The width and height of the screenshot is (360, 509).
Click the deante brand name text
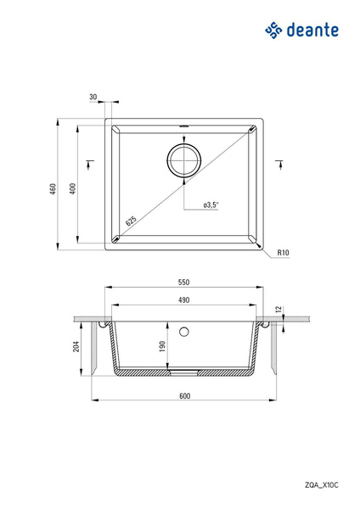[312, 30]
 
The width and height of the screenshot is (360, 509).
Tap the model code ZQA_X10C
[321, 485]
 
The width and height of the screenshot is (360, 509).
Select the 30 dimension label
[93, 97]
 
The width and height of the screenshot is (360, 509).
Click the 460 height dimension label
[53, 188]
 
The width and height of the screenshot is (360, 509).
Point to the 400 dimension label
[73, 188]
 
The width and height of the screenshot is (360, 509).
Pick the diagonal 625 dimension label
[131, 221]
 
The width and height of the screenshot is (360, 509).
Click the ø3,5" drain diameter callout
[211, 204]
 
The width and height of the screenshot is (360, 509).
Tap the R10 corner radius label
[283, 252]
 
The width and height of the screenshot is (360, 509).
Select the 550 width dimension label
[184, 282]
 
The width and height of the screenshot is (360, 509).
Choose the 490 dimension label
[184, 300]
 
